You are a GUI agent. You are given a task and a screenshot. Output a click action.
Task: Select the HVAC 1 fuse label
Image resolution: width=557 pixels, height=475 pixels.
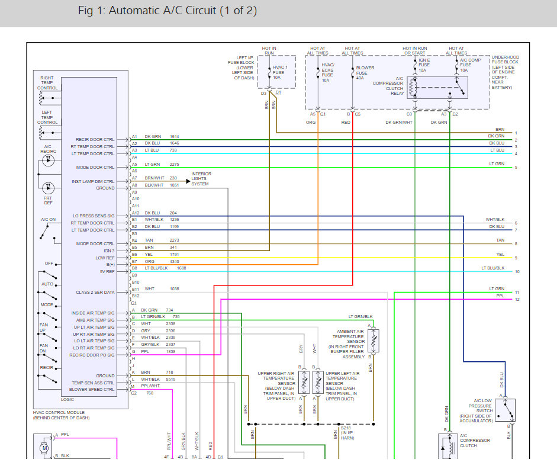pyautogui.click(x=280, y=72)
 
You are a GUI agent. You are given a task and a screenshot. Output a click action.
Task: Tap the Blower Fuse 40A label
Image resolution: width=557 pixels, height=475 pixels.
pyautogui.click(x=365, y=73)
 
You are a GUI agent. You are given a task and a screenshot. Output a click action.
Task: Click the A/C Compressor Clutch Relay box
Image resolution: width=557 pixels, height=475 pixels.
pyautogui.click(x=437, y=87)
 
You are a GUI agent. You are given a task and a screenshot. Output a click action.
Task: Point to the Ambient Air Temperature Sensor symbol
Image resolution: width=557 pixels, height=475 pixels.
pyautogui.click(x=374, y=341)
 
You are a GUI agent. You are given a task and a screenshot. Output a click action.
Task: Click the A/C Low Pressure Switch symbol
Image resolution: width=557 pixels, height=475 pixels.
pyautogui.click(x=505, y=410)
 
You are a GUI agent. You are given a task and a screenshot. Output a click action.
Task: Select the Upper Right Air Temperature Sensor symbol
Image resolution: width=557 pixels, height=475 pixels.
pyautogui.click(x=304, y=382)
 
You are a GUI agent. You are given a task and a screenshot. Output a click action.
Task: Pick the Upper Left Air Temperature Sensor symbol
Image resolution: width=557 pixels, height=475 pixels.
pyautogui.click(x=318, y=382)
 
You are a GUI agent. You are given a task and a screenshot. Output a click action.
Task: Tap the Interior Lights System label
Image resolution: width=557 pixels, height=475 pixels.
pyautogui.click(x=201, y=179)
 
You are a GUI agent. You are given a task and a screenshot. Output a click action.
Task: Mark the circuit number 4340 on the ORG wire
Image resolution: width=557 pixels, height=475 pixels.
pyautogui.click(x=174, y=261)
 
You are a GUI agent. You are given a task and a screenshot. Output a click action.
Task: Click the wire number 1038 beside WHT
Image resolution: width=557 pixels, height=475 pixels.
pyautogui.click(x=174, y=288)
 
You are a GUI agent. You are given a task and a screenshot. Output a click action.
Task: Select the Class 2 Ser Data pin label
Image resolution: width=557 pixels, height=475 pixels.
pyautogui.click(x=95, y=292)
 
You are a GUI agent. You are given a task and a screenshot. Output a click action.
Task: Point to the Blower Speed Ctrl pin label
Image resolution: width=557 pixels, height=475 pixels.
pyautogui.click(x=92, y=389)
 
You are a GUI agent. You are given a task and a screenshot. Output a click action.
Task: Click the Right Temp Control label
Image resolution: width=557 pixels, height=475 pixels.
pyautogui.click(x=47, y=83)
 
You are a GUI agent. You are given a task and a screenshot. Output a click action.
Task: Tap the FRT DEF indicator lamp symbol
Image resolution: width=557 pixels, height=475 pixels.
pyautogui.click(x=49, y=187)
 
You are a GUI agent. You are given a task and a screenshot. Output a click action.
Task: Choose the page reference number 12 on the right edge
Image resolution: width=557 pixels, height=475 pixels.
pyautogui.click(x=517, y=299)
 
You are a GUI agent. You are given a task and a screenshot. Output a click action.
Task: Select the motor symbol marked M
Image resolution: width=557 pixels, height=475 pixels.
pyautogui.click(x=44, y=448)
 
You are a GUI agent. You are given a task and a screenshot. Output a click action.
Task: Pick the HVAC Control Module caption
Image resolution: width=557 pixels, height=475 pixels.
pyautogui.click(x=61, y=415)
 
